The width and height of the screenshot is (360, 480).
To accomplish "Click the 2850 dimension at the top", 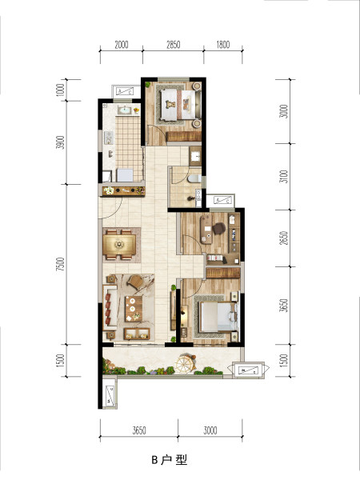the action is click(x=174, y=45).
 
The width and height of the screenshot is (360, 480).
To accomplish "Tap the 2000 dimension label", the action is click(x=122, y=45).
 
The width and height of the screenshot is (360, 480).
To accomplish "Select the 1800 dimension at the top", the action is click(x=223, y=45).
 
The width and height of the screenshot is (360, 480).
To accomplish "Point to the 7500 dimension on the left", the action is click(x=61, y=264).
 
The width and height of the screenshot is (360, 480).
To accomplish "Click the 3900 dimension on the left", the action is click(x=61, y=142).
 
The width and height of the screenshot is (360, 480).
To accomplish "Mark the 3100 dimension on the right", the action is click(x=284, y=177).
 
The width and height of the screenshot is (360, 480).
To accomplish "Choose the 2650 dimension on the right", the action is click(x=284, y=238).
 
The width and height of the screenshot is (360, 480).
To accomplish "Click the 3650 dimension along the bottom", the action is click(x=139, y=430).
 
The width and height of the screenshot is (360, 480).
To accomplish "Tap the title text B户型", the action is click(x=170, y=459).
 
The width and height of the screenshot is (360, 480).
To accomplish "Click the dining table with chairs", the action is click(x=119, y=245).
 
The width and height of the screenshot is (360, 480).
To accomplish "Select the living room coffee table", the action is click(x=134, y=309).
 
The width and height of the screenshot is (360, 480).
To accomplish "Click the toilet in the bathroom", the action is click(x=194, y=178).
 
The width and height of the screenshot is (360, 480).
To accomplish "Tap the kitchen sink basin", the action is click(x=124, y=110).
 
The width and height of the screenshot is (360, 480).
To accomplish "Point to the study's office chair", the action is click(x=219, y=228).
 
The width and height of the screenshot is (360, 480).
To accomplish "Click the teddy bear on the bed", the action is click(x=170, y=104).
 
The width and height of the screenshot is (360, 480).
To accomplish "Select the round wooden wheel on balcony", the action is click(x=185, y=364).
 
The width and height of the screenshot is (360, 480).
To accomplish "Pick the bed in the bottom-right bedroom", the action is click(x=218, y=317).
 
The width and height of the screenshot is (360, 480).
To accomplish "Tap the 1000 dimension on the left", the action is click(x=61, y=90).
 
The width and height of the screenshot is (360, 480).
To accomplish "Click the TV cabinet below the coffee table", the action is click(x=137, y=334).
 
